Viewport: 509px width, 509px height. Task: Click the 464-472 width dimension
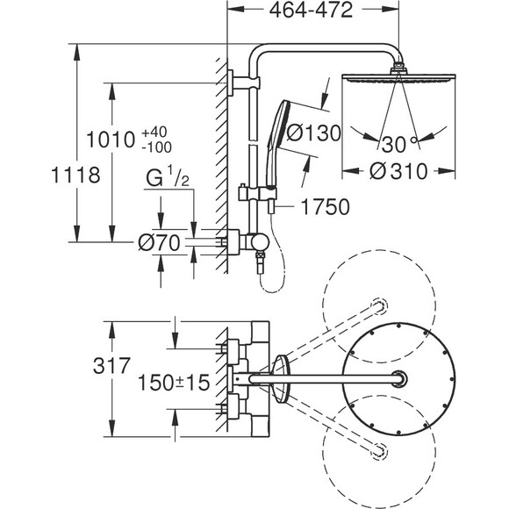311,10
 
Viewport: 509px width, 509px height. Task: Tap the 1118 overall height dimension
75,175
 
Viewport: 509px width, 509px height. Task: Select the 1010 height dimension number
111,140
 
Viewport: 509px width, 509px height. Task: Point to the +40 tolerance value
154,133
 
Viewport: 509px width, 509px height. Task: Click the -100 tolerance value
157,147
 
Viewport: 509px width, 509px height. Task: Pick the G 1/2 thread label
167,176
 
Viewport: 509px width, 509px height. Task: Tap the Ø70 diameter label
159,243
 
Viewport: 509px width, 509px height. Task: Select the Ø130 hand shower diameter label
314,133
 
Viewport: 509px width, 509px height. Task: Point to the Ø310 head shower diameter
398,171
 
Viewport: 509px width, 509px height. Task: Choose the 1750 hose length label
326,206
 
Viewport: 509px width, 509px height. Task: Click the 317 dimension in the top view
111,366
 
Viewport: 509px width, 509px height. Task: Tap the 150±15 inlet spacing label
174,383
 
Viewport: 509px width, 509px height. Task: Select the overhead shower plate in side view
398,78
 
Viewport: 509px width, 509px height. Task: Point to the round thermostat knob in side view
261,242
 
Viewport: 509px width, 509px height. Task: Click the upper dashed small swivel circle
379,305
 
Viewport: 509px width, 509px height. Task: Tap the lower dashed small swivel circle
379,451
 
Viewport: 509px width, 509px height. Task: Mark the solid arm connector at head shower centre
399,379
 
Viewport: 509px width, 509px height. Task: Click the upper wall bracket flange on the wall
230,83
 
